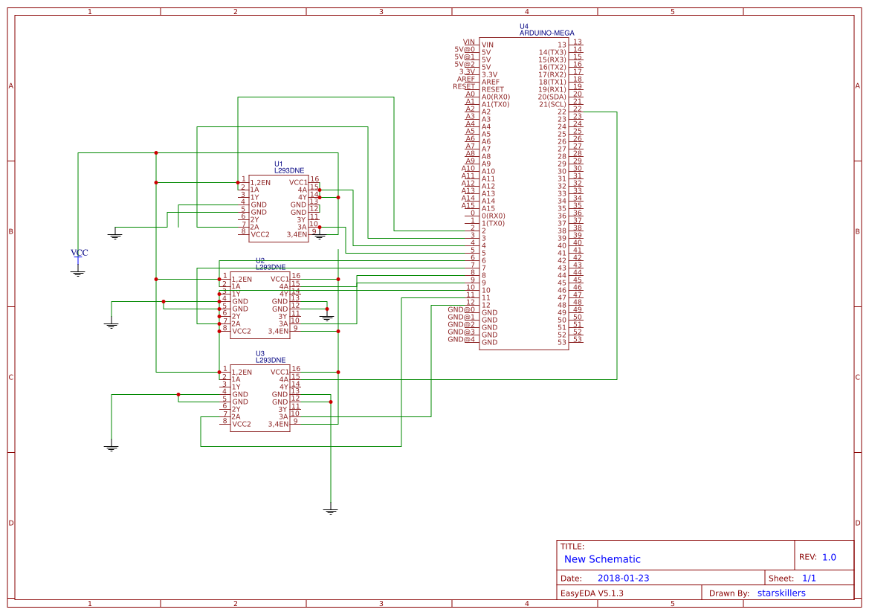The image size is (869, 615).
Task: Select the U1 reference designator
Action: tap(279, 164)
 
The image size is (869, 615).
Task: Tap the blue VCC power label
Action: tap(79, 253)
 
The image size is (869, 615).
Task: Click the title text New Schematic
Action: tap(602, 559)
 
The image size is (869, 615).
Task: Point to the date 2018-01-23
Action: tap(623, 578)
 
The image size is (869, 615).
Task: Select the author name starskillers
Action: tap(781, 593)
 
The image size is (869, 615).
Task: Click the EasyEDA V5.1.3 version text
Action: tap(591, 593)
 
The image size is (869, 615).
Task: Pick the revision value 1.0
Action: tap(829, 557)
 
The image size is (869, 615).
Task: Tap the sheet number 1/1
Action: tap(810, 578)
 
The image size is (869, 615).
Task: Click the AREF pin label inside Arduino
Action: tap(491, 82)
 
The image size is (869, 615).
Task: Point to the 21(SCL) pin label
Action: tap(552, 104)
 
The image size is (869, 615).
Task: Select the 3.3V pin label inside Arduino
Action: tap(490, 74)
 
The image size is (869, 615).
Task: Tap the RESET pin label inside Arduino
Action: tap(492, 89)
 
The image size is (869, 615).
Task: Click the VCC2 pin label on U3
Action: tap(241, 424)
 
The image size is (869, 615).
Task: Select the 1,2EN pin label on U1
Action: tap(260, 182)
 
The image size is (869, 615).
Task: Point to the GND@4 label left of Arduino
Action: tap(461, 339)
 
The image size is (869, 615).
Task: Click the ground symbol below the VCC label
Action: tap(78, 273)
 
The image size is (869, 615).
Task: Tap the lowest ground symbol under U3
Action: tap(331, 511)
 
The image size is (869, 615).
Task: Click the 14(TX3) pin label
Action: tap(552, 52)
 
